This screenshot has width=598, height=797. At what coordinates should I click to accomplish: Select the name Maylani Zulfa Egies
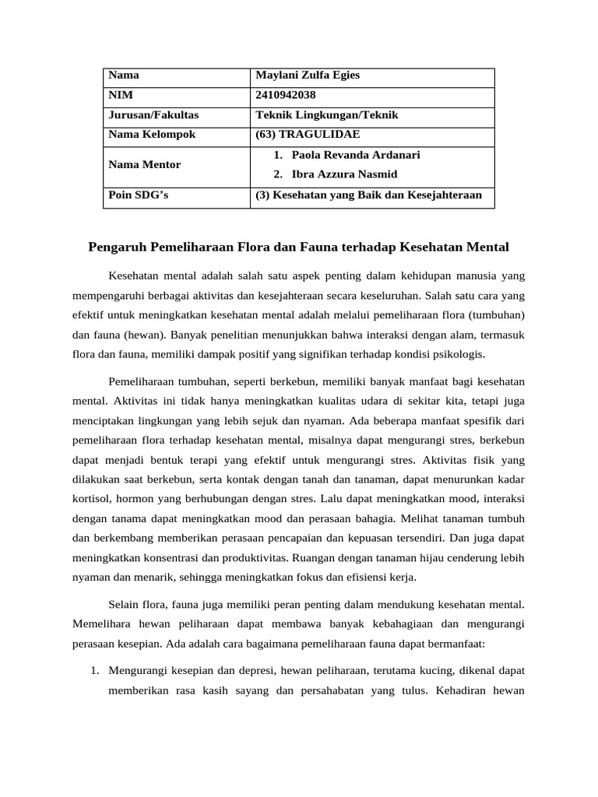(308, 75)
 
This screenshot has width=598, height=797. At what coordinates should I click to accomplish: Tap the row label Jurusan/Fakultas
(153, 115)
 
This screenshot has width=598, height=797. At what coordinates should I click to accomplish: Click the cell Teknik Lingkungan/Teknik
(327, 115)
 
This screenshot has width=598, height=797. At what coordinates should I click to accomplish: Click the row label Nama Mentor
(145, 165)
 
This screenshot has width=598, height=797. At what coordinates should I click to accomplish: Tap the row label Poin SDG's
(138, 196)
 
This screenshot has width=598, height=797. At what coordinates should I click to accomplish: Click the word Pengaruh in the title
(115, 248)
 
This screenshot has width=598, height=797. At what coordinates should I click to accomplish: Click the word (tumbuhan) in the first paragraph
(498, 316)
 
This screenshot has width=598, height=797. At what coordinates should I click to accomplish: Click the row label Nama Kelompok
(152, 135)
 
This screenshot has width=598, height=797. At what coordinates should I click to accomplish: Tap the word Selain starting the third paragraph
(127, 603)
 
